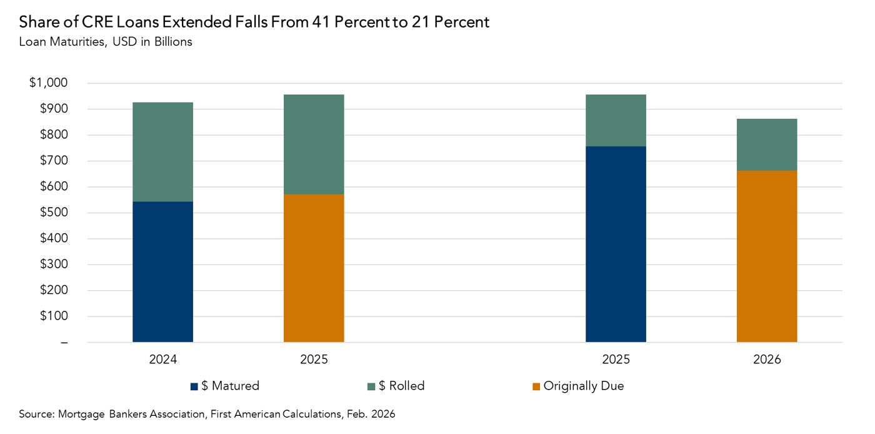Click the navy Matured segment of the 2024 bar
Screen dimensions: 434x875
(x=162, y=271)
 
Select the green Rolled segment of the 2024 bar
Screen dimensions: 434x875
(x=162, y=152)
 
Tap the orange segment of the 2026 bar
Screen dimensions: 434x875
(x=766, y=256)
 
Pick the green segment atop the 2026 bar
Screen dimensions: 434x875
(x=766, y=144)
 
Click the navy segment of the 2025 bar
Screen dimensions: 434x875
(x=616, y=244)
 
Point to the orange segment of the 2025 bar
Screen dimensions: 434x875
(x=314, y=268)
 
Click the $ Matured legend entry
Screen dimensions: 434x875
(x=224, y=386)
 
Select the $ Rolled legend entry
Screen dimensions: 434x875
(x=396, y=386)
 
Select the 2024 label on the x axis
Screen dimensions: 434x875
(x=162, y=360)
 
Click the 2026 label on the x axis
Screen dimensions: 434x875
(x=766, y=360)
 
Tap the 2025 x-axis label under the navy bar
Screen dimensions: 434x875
(x=616, y=360)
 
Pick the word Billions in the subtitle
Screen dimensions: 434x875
(x=171, y=43)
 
